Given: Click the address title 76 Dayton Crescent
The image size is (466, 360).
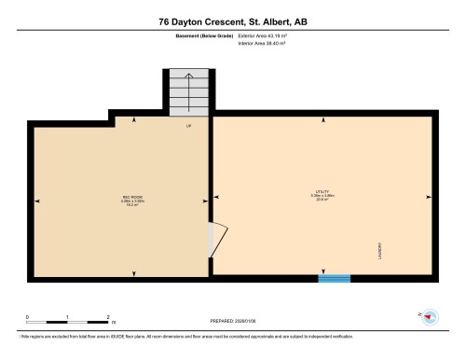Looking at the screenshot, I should click(x=232, y=21).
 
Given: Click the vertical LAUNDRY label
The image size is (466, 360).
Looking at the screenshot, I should click(x=381, y=253).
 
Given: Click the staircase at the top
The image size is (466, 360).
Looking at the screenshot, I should click(x=189, y=91).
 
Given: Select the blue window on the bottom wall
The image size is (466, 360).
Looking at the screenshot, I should click(x=334, y=277).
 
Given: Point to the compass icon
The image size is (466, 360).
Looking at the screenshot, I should click(x=431, y=317).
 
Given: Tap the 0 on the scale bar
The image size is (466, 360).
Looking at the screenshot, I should click(x=27, y=317).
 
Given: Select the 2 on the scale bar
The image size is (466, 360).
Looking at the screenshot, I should click(x=109, y=317).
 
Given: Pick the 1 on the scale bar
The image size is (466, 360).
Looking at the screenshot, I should click(x=68, y=317).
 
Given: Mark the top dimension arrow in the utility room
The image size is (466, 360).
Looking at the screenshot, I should click(x=322, y=119).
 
